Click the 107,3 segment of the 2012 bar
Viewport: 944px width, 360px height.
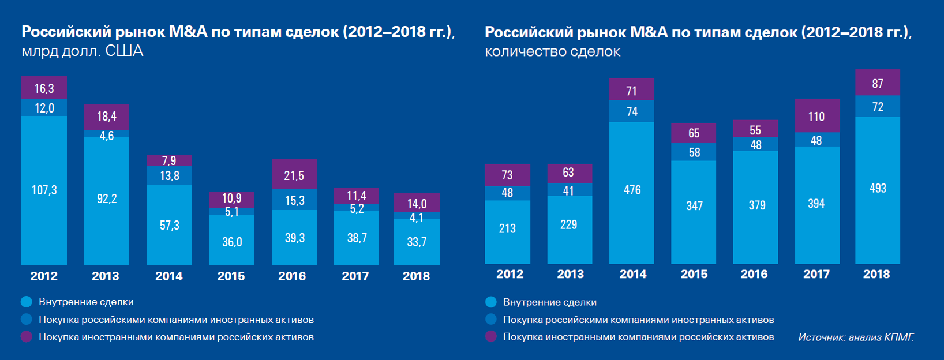[44, 190]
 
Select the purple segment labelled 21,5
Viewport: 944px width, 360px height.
[294, 175]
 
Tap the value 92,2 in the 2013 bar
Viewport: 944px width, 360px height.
[107, 199]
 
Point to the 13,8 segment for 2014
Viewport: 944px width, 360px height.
[169, 175]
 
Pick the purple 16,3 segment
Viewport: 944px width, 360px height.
[44, 88]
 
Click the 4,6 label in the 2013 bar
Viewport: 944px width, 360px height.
[107, 136]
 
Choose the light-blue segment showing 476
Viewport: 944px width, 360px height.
[632, 190]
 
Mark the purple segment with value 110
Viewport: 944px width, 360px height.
[816, 117]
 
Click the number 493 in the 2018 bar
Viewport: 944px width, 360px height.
[878, 189]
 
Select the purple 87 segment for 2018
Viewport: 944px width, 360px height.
[878, 84]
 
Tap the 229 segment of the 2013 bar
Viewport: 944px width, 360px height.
[569, 225]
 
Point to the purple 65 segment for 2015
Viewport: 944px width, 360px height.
[694, 133]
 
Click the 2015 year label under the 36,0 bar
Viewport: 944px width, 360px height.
[231, 276]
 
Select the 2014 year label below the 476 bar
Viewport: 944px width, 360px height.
[633, 275]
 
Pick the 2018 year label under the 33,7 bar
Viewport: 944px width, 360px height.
[416, 276]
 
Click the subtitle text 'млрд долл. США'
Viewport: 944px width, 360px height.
[83, 51]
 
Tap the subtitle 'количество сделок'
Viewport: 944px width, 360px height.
[552, 52]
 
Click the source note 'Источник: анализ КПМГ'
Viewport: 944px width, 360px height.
[856, 337]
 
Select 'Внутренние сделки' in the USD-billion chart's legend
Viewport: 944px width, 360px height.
[86, 302]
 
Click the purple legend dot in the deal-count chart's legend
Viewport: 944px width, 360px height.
[491, 336]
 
